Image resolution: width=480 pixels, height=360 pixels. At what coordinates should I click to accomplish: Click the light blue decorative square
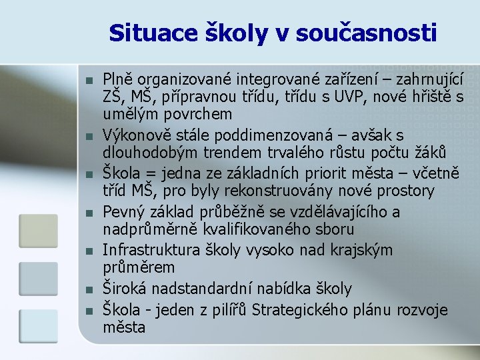click(x=38, y=325)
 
